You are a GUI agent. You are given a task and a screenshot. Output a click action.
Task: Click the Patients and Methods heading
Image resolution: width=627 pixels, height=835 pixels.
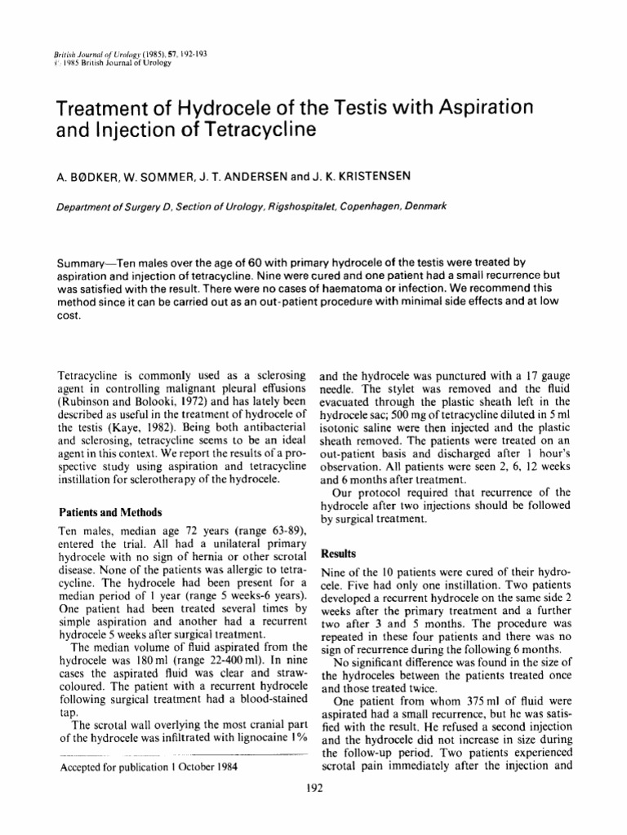pos(113,513)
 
